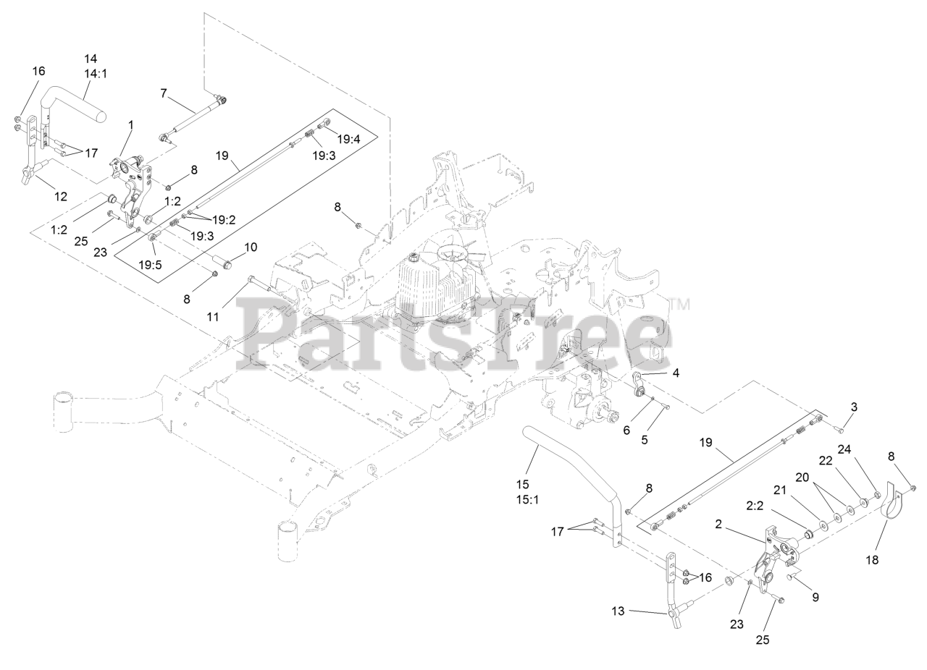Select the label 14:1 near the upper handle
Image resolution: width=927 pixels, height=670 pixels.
coord(95,73)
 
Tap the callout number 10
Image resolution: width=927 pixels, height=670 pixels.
coord(250,247)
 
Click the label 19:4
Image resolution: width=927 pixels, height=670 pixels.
coord(348,140)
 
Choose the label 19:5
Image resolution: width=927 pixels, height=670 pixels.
coord(150,265)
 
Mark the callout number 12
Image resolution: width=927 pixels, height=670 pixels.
coord(61,196)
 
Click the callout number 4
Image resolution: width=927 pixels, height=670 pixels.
coord(676,373)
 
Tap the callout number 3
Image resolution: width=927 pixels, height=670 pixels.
coord(854,407)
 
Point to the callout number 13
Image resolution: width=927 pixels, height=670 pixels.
coord(617,611)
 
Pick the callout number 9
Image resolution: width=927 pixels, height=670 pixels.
coord(815,598)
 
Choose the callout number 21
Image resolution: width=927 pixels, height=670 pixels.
coord(781,490)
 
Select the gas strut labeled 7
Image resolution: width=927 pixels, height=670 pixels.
coord(192,116)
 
